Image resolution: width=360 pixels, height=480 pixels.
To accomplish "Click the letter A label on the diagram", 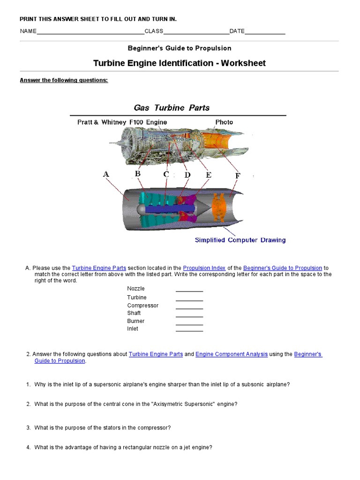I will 106,174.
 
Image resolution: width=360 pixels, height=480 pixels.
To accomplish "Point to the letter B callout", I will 138,174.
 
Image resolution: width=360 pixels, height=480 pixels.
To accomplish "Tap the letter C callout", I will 166,174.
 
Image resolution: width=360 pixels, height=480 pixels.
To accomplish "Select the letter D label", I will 187,175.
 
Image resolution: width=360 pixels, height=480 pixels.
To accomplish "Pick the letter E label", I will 209,175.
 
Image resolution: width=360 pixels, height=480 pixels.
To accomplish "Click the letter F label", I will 238,176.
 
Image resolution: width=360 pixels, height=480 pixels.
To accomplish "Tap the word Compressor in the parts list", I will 143,306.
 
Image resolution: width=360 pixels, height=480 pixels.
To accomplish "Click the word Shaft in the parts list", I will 134,313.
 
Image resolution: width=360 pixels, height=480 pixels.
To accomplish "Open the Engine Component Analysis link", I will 232,354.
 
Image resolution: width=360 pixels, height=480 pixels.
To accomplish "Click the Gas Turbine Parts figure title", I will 172,108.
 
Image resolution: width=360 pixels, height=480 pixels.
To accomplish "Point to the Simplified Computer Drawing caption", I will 240,240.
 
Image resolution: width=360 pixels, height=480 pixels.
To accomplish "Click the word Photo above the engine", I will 224,122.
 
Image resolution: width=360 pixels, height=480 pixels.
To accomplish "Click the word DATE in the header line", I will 237,31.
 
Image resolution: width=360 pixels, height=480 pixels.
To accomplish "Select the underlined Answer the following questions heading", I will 64,80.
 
